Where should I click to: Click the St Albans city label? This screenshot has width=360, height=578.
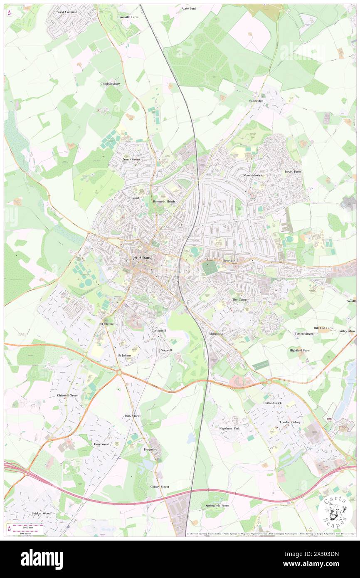(x=141, y=258)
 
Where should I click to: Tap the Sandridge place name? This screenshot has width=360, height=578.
(x=256, y=101)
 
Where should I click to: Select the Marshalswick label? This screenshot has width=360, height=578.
(x=252, y=175)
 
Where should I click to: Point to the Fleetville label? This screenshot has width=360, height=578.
(x=229, y=261)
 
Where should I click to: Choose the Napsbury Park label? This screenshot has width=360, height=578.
(x=229, y=428)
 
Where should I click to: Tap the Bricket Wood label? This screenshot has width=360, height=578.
(x=41, y=514)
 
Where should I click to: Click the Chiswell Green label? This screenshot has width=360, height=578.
(x=67, y=395)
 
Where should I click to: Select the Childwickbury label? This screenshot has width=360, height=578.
(x=111, y=84)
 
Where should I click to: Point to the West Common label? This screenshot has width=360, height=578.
(x=67, y=12)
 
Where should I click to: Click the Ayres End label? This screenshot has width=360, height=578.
(x=188, y=8)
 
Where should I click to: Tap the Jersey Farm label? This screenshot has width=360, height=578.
(x=293, y=172)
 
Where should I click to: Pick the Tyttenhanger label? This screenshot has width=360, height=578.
(x=303, y=333)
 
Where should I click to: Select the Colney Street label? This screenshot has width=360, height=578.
(x=160, y=487)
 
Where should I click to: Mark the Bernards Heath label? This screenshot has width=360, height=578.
(x=164, y=201)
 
